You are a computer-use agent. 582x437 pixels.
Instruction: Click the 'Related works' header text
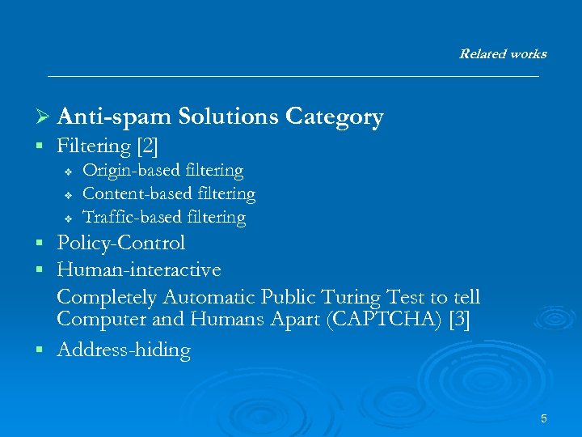(502, 54)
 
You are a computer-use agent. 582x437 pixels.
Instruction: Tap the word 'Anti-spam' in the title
(115, 117)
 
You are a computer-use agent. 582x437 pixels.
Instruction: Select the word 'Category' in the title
(334, 117)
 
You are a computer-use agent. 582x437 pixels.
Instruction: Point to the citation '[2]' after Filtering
(148, 146)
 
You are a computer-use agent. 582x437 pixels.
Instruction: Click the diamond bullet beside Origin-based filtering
(69, 172)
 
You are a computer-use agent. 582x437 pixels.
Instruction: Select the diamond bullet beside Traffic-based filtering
(69, 218)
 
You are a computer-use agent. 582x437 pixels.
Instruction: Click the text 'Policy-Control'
(121, 243)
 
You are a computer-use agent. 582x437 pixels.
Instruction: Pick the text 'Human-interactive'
(138, 269)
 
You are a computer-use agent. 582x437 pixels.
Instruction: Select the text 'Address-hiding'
(124, 350)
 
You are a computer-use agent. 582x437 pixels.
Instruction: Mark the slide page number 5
(544, 418)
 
